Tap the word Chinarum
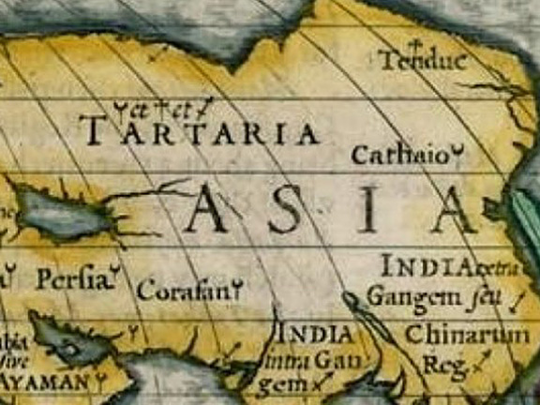point(466,335)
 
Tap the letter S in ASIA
point(288,212)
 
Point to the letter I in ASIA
point(372,212)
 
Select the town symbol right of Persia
point(114,274)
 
